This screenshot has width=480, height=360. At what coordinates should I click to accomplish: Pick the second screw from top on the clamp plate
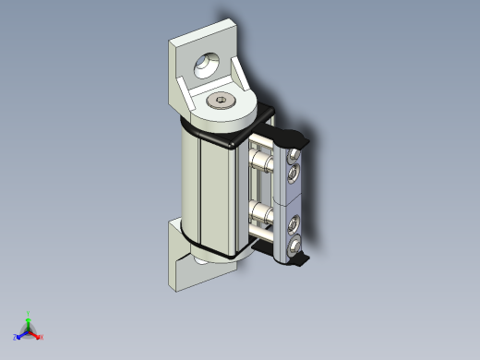coord(293,173)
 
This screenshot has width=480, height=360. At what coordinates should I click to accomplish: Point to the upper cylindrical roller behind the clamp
coord(261,166)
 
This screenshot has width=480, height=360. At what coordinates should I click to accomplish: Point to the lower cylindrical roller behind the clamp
coord(261,219)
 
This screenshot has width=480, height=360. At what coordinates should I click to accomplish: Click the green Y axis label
coord(29,313)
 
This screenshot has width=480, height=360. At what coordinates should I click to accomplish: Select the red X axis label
coord(42,337)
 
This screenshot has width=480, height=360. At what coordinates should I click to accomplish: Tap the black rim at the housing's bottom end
coord(214,249)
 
